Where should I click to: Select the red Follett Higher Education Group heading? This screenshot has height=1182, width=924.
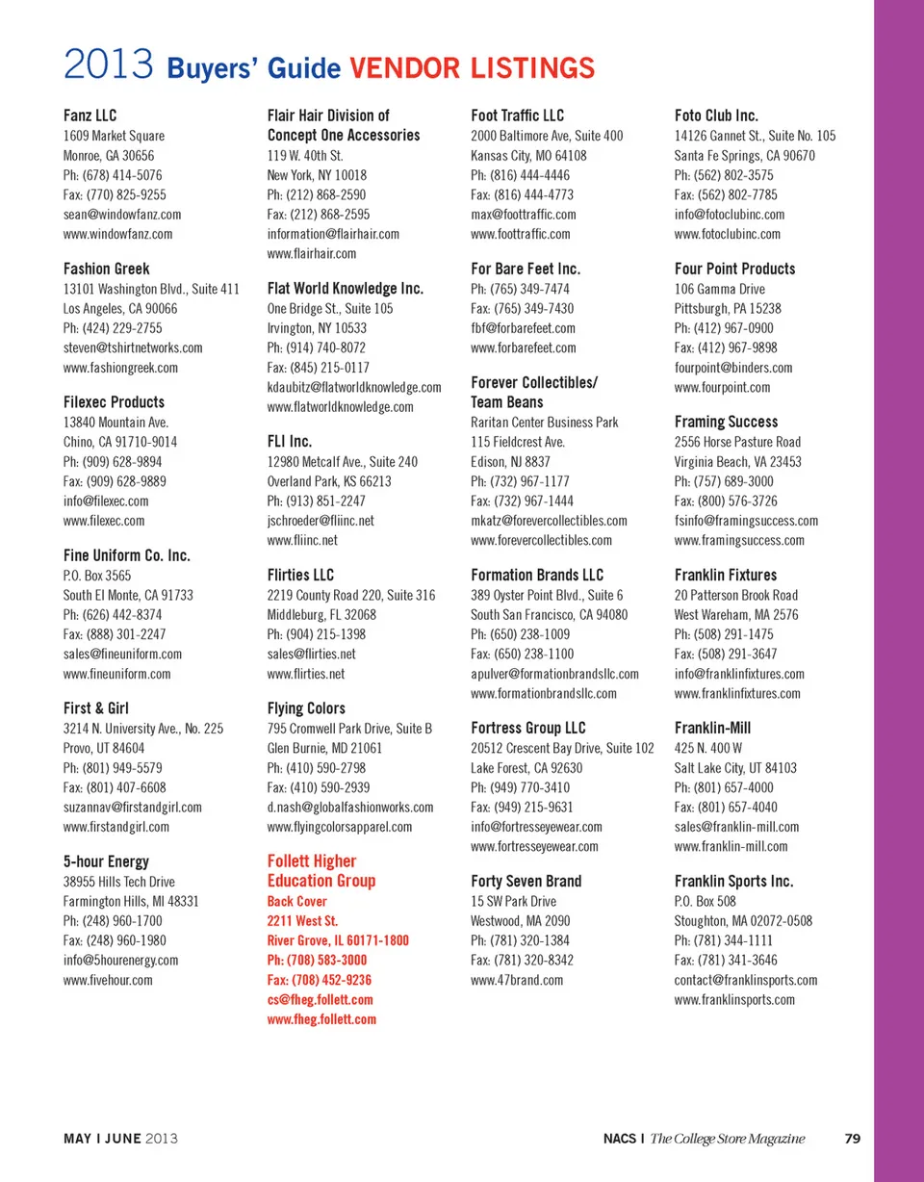pyautogui.click(x=321, y=871)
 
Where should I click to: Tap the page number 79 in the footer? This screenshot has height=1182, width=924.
pyautogui.click(x=852, y=1139)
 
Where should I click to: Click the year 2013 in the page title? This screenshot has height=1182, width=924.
pyautogui.click(x=109, y=68)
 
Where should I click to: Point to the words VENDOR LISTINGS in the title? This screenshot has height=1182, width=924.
pyautogui.click(x=472, y=68)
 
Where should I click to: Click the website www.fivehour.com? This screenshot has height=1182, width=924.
pyautogui.click(x=108, y=980)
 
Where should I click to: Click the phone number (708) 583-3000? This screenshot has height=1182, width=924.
pyautogui.click(x=317, y=960)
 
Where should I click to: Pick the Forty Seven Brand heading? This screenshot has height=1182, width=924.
pyautogui.click(x=526, y=882)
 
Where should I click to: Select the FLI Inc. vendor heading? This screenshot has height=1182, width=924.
pyautogui.click(x=290, y=442)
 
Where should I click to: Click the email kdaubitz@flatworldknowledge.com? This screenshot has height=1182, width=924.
pyautogui.click(x=354, y=387)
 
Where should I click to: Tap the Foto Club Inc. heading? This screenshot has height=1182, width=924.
pyautogui.click(x=717, y=116)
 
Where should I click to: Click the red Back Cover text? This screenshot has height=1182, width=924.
pyautogui.click(x=297, y=901)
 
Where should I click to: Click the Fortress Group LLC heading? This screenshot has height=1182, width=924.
pyautogui.click(x=528, y=729)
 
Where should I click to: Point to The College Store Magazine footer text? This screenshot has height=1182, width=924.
pyautogui.click(x=728, y=1139)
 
